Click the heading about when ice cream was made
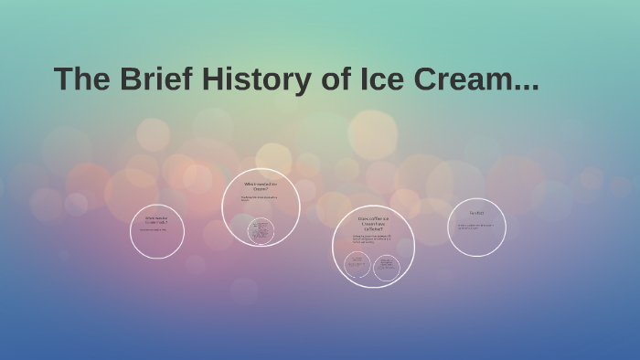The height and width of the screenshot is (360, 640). [156, 219]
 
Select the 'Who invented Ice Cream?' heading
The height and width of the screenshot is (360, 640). [261, 185]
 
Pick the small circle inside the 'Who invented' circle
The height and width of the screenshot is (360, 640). [261, 229]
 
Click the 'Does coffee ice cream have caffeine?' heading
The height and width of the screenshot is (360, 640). [372, 223]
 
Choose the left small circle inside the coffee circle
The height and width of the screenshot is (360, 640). [357, 265]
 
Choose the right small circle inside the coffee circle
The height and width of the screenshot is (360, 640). [387, 266]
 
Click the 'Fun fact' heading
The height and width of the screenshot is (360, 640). [476, 214]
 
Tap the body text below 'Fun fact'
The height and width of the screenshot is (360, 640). [475, 226]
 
